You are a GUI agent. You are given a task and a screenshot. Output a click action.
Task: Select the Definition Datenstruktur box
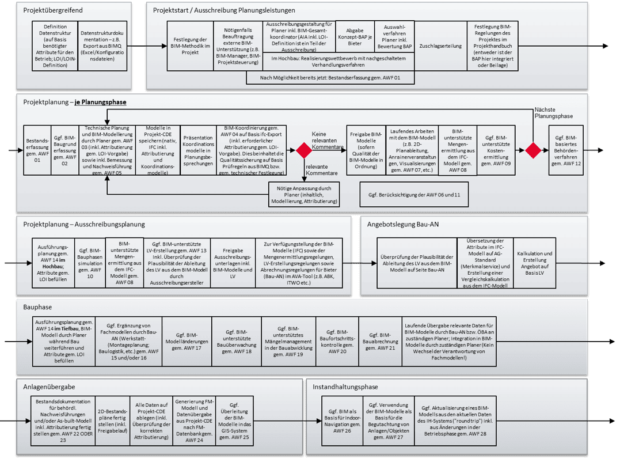click(55, 46)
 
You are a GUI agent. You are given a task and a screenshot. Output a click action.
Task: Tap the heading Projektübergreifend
click(52, 10)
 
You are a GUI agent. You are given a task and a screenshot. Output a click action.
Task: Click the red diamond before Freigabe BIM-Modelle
click(303, 150)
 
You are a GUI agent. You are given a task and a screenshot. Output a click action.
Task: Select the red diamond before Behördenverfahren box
click(533, 150)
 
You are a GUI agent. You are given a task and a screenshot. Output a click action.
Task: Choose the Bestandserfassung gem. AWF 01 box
click(37, 150)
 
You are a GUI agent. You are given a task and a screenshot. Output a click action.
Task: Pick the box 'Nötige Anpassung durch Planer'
click(303, 194)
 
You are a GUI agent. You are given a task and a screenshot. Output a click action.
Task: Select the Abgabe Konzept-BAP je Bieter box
click(355, 37)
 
